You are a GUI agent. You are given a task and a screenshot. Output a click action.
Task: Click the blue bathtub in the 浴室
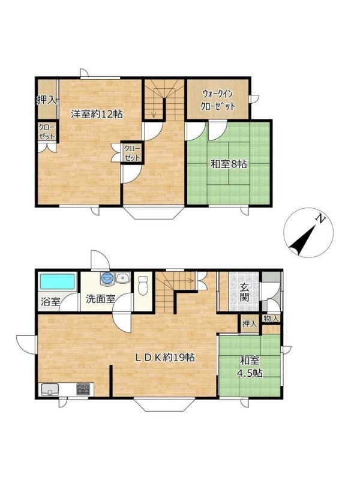pyautogui.click(x=58, y=281)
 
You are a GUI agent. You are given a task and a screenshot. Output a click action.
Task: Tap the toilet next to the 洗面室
pyautogui.click(x=143, y=286)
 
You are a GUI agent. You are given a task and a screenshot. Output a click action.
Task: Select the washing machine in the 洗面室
pyautogui.click(x=107, y=278)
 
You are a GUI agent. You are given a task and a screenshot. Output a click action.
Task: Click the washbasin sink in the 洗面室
pyautogui.click(x=123, y=278)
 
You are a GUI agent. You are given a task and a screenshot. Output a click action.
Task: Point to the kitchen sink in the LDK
pyautogui.click(x=50, y=389)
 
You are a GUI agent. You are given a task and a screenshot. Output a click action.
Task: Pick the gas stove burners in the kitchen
pyautogui.click(x=83, y=389)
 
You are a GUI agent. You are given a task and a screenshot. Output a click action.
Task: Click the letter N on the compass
pyautogui.click(x=320, y=218)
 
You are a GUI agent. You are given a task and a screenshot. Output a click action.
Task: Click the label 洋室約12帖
pyautogui.click(x=97, y=114)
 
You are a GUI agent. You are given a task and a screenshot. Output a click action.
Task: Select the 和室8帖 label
pyautogui.click(x=229, y=164)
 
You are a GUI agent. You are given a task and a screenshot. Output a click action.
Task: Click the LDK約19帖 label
pyautogui.click(x=166, y=357)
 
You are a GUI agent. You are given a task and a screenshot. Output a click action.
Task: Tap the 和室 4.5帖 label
pyautogui.click(x=250, y=367)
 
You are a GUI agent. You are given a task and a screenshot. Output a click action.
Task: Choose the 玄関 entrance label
pyautogui.click(x=244, y=292)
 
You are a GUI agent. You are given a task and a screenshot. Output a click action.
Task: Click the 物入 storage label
pyautogui.click(x=271, y=319)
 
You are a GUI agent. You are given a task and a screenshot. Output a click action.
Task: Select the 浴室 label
pyautogui.click(x=50, y=302)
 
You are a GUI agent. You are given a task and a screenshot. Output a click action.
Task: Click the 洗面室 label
pyautogui.click(x=100, y=299)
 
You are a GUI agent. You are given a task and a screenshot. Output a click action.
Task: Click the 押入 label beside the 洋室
pyautogui.click(x=47, y=100)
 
